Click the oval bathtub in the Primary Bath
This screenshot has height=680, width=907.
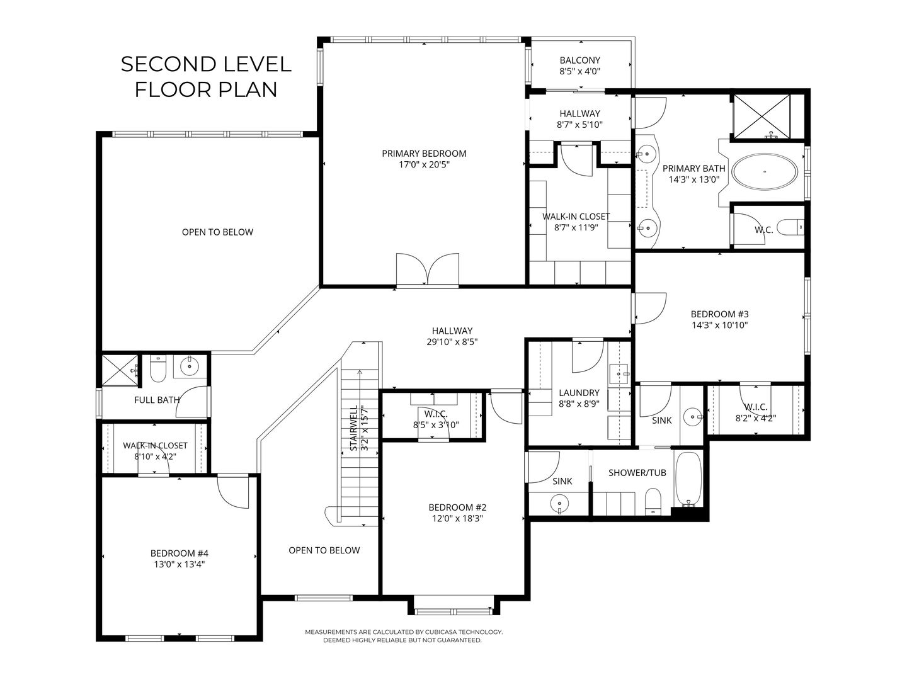click(x=765, y=172)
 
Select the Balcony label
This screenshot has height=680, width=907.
click(x=579, y=60)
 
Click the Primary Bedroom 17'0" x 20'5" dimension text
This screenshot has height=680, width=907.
click(x=424, y=165)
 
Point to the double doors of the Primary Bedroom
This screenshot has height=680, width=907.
click(x=427, y=269)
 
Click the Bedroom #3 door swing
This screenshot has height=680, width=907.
click(x=649, y=309)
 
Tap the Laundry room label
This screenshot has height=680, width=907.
click(x=579, y=393)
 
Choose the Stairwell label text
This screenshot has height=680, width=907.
click(x=354, y=428)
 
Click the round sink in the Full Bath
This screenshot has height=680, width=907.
click(x=189, y=366)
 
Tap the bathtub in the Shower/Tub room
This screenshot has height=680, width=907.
click(x=688, y=479)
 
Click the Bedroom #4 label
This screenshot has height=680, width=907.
click(x=179, y=553)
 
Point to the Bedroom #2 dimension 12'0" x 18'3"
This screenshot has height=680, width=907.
click(x=457, y=519)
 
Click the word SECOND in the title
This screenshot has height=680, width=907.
click(x=168, y=64)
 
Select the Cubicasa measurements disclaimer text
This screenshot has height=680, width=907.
click(x=404, y=636)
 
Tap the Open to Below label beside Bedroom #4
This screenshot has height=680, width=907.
click(x=324, y=550)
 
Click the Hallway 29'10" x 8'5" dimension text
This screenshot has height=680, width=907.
click(x=452, y=342)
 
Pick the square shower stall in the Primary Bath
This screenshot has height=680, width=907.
click(x=761, y=116)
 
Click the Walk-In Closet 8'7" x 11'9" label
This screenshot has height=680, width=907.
click(x=576, y=222)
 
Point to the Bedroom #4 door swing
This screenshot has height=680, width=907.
click(x=233, y=491)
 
